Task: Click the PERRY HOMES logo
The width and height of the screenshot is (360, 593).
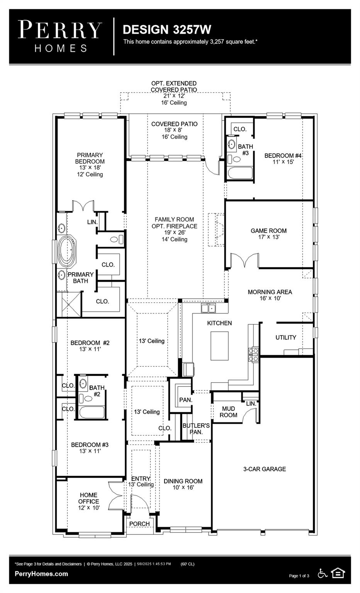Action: tap(60, 36)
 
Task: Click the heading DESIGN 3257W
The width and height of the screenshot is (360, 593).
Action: tap(167, 30)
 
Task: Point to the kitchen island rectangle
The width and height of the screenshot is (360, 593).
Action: tap(219, 346)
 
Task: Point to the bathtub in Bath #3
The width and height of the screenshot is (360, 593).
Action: tap(240, 173)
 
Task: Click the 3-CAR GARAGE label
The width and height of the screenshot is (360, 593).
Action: tap(265, 469)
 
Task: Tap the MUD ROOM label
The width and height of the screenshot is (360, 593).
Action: tap(228, 412)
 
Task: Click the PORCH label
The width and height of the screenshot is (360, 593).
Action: tap(139, 524)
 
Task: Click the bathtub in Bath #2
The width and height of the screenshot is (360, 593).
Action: tap(92, 412)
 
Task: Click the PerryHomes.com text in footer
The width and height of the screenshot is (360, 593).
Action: tap(41, 574)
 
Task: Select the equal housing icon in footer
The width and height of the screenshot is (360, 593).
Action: tap(338, 573)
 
